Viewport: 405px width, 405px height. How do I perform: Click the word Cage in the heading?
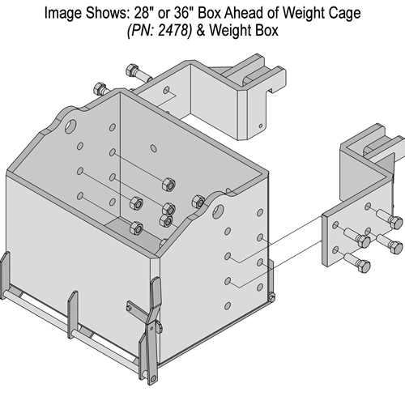click(332, 13)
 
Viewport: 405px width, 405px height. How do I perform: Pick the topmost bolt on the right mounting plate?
click(393, 221)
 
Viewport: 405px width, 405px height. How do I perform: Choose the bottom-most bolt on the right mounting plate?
click(362, 265)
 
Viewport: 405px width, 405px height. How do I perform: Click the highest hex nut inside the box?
click(167, 185)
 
